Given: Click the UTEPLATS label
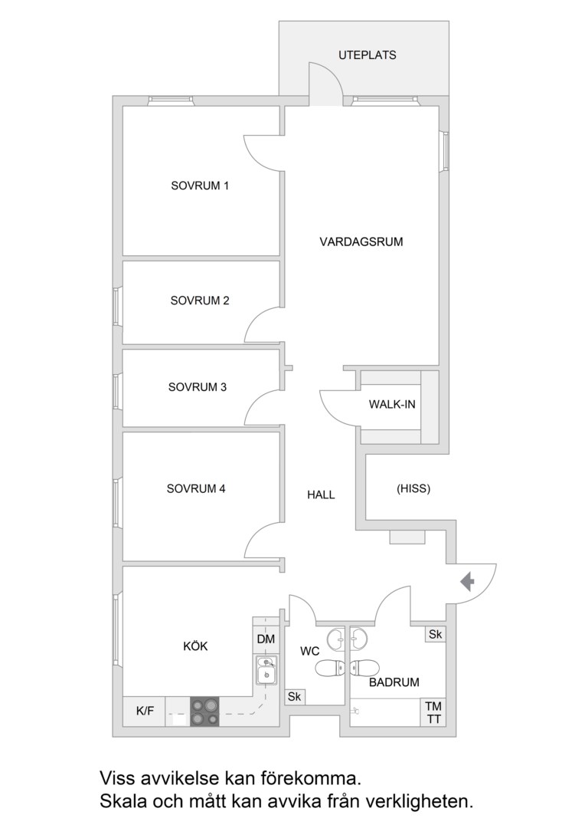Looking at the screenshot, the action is click(x=367, y=55).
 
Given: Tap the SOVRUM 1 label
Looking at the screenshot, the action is click(x=200, y=186).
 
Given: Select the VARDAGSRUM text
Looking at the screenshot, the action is click(x=361, y=242).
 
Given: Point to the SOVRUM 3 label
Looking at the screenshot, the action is click(x=198, y=387).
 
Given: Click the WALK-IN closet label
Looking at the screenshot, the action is click(x=392, y=405).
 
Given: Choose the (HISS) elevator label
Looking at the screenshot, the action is click(x=413, y=489).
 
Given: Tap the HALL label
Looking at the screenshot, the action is click(x=321, y=495).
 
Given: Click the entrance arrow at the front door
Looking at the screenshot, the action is click(x=467, y=582).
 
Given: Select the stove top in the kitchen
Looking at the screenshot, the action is click(x=204, y=711).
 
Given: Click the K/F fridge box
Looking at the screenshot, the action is click(x=145, y=711).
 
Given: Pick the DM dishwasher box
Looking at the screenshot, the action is click(x=266, y=639).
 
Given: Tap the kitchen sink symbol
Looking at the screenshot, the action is click(x=266, y=670).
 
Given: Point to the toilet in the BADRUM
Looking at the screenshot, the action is click(x=362, y=668).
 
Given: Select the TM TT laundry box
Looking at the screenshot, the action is click(x=433, y=712).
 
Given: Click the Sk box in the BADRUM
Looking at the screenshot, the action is click(x=435, y=634).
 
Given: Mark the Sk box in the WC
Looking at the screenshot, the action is click(x=294, y=697).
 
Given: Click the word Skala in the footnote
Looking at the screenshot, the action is click(x=123, y=802).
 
